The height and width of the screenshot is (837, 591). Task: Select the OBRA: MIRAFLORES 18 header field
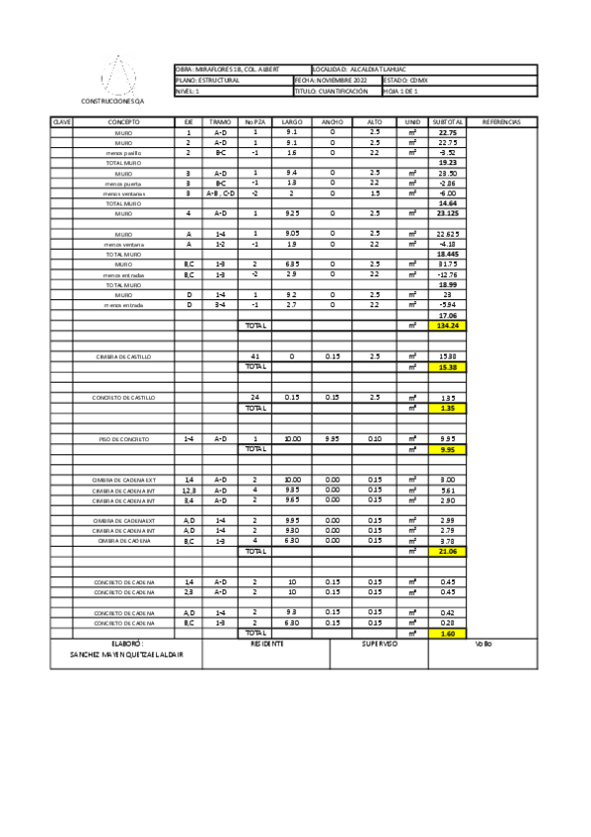tap(226, 69)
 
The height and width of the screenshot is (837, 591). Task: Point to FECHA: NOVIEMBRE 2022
tap(336, 80)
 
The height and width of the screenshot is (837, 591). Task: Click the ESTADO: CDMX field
tap(401, 80)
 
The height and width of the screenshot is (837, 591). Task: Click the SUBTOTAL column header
tap(448, 121)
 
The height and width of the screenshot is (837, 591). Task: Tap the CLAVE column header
tap(61, 121)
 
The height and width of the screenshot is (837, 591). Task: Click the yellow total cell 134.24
tap(448, 326)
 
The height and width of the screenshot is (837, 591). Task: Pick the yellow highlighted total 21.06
tap(448, 551)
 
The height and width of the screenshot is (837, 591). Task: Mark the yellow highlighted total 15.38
tap(448, 366)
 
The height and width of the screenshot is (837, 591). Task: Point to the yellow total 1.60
tap(448, 633)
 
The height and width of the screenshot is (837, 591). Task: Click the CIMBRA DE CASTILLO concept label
tap(123, 356)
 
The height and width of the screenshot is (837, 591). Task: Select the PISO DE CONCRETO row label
tap(123, 438)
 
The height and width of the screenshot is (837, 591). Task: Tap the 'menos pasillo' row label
tap(123, 153)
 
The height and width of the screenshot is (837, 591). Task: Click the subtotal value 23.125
tap(448, 213)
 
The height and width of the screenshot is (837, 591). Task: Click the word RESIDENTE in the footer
tap(266, 644)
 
